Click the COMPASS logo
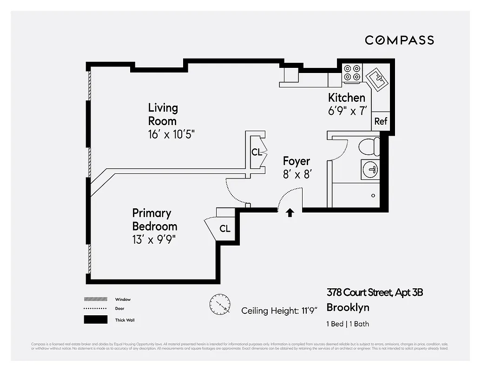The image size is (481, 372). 399,40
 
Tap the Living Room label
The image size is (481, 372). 163,114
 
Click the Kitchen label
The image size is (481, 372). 347,98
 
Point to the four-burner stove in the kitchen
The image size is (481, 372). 352,73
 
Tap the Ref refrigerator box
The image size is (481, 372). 381,121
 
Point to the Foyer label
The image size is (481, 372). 297,161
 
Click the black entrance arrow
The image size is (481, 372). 290,213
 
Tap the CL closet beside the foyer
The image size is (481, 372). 257,152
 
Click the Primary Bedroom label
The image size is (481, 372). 155,219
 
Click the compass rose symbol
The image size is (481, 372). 220,304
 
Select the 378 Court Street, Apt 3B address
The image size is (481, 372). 375,292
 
